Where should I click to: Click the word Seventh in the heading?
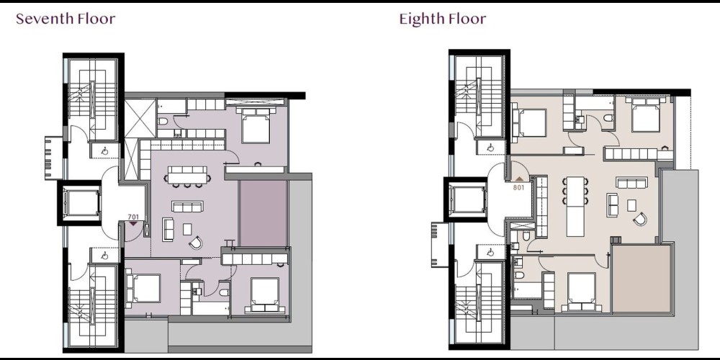(x=45, y=19)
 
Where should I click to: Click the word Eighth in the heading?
(x=421, y=19)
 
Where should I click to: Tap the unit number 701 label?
(x=133, y=217)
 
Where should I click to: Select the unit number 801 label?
(x=518, y=187)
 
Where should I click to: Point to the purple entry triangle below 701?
(x=133, y=224)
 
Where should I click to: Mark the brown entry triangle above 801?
(x=519, y=179)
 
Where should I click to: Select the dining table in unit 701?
(x=187, y=176)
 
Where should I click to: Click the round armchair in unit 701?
(x=196, y=243)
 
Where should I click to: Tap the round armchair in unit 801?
(x=639, y=219)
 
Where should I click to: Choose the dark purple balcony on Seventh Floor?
(x=263, y=214)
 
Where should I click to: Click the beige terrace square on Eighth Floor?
(x=642, y=278)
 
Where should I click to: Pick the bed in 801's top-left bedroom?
(x=528, y=122)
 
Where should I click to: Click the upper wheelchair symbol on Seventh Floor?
(x=104, y=150)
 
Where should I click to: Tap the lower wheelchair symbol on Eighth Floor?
(x=490, y=252)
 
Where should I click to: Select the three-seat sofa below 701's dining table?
(x=187, y=207)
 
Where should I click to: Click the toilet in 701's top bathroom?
(x=163, y=121)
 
